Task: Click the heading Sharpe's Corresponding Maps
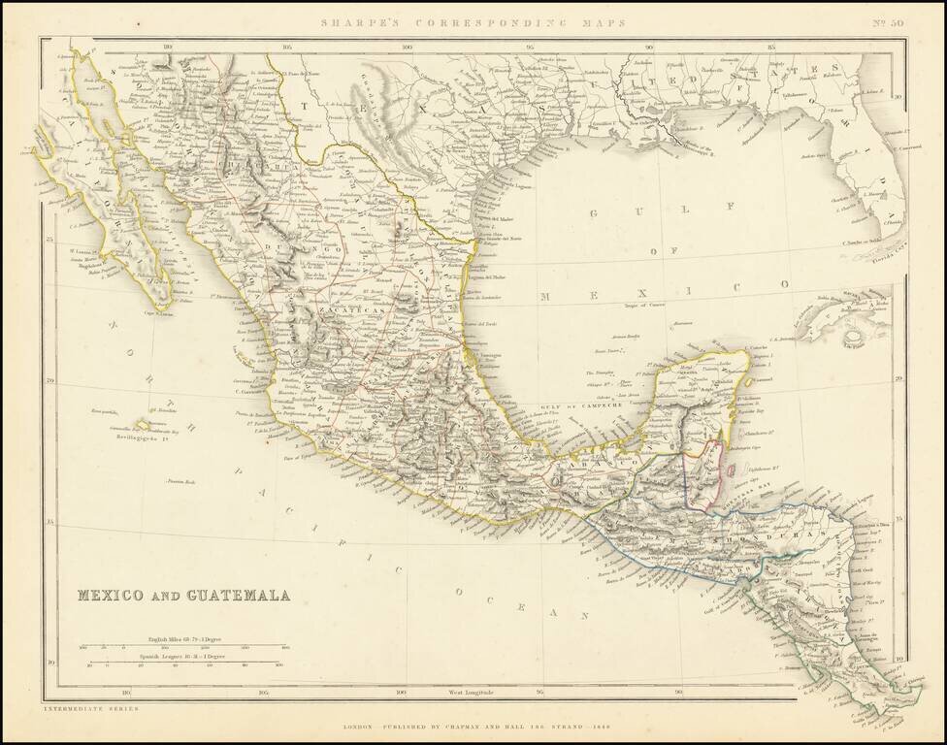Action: (473, 21)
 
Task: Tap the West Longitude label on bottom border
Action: (472, 693)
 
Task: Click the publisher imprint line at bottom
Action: (473, 725)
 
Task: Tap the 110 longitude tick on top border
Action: (168, 45)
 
